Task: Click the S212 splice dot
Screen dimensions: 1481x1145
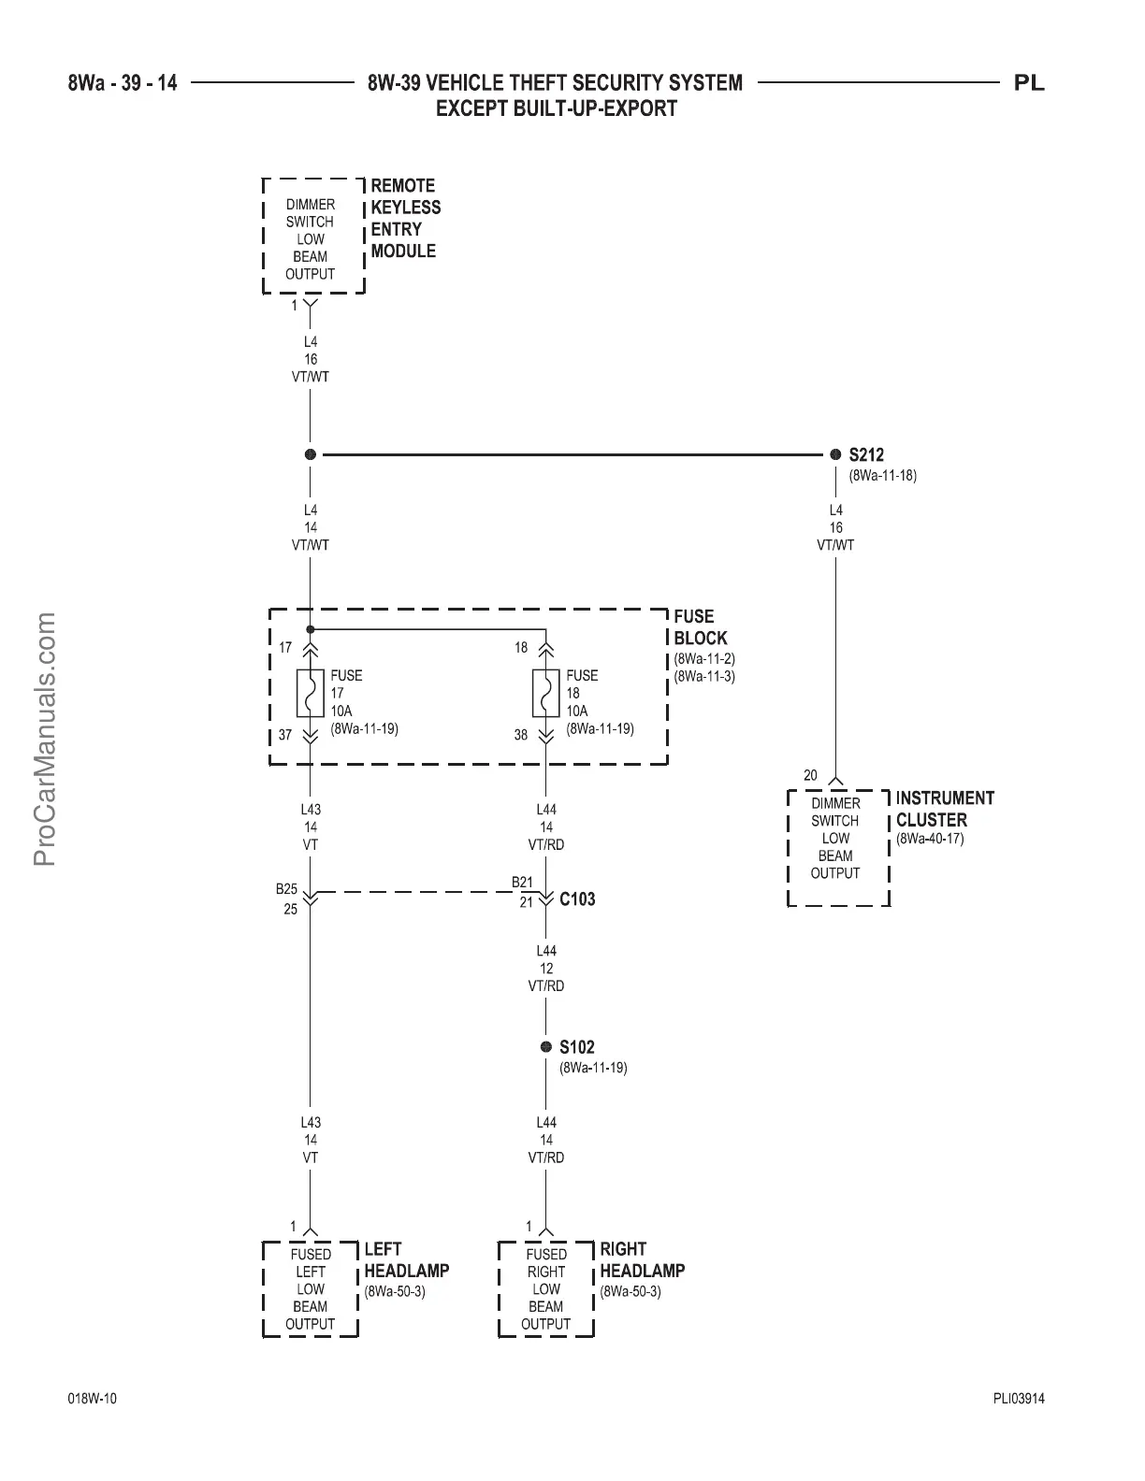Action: coord(835,454)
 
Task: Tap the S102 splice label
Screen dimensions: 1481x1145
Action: coord(576,1047)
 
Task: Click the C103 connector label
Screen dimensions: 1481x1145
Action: coord(577,899)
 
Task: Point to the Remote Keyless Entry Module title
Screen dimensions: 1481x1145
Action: coord(405,218)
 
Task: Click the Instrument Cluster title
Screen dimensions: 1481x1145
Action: coord(945,809)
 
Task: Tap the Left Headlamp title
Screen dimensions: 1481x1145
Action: coord(406,1259)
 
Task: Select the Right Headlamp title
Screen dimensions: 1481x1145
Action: coord(642,1259)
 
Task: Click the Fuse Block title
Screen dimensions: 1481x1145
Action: coord(700,627)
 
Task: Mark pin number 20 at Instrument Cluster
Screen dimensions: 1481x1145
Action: coord(810,775)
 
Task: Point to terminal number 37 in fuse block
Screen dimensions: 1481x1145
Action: coord(285,735)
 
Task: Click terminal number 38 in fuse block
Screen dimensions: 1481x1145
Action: coord(521,735)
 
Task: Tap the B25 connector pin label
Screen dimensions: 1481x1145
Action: coord(286,888)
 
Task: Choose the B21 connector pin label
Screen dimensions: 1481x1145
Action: coord(522,883)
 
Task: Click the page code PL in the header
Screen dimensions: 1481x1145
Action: coord(1029,83)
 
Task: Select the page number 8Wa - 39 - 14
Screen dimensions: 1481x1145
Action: coord(123,83)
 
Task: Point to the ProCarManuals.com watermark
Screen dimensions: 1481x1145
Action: coord(46,739)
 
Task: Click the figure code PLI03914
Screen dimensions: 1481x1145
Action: coord(1019,1400)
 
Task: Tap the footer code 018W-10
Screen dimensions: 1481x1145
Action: coord(93,1400)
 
